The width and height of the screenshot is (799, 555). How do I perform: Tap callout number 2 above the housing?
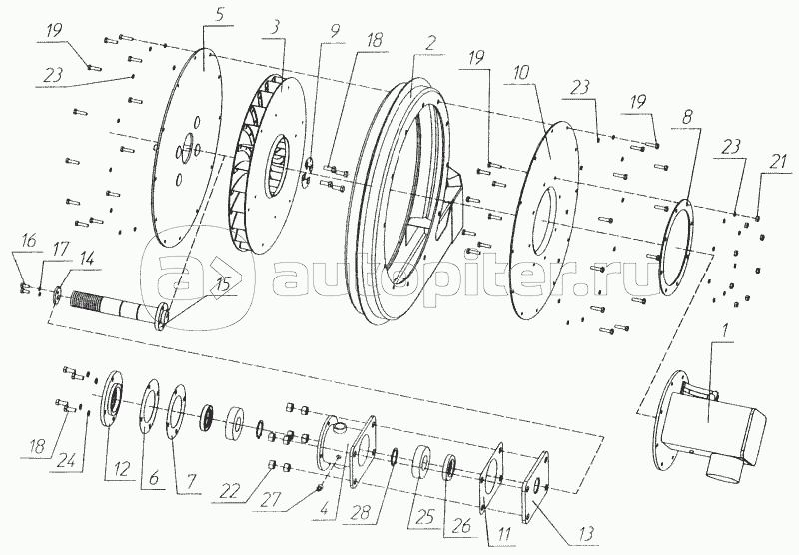tap(431, 43)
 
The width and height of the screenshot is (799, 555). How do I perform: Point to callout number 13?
tap(586, 534)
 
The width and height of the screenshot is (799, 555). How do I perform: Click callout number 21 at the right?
tap(778, 163)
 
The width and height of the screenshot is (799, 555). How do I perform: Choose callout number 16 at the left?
tap(29, 240)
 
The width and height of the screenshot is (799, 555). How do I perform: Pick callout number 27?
tap(270, 499)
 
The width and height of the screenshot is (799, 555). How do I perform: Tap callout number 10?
tap(521, 72)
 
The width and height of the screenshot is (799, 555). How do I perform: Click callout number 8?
tap(686, 117)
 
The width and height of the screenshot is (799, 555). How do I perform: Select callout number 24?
tap(68, 461)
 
